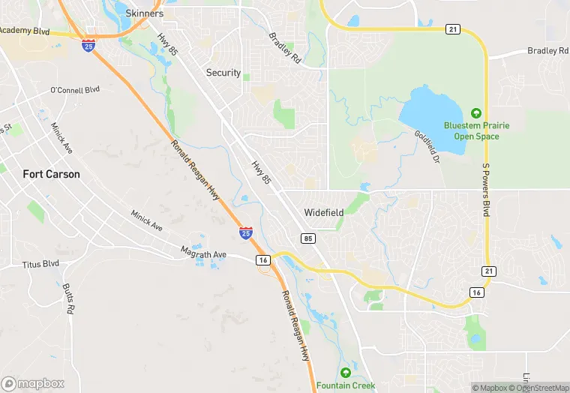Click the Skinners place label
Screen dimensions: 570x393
click(x=145, y=13)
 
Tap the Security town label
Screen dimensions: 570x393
click(x=223, y=73)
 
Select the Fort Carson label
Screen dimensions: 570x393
click(x=51, y=174)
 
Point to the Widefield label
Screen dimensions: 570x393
click(x=324, y=212)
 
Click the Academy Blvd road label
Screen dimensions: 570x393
click(x=25, y=31)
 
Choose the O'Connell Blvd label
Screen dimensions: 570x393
click(x=75, y=90)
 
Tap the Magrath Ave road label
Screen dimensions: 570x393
click(x=204, y=254)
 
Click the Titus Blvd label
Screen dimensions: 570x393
click(x=40, y=264)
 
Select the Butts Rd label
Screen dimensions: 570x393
click(x=68, y=298)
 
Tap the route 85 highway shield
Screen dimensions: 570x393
click(x=308, y=238)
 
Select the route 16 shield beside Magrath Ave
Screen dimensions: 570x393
click(x=262, y=259)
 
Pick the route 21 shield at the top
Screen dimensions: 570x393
click(x=451, y=28)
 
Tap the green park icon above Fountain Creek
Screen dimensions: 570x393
click(x=346, y=373)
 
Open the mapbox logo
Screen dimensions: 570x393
click(x=32, y=383)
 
